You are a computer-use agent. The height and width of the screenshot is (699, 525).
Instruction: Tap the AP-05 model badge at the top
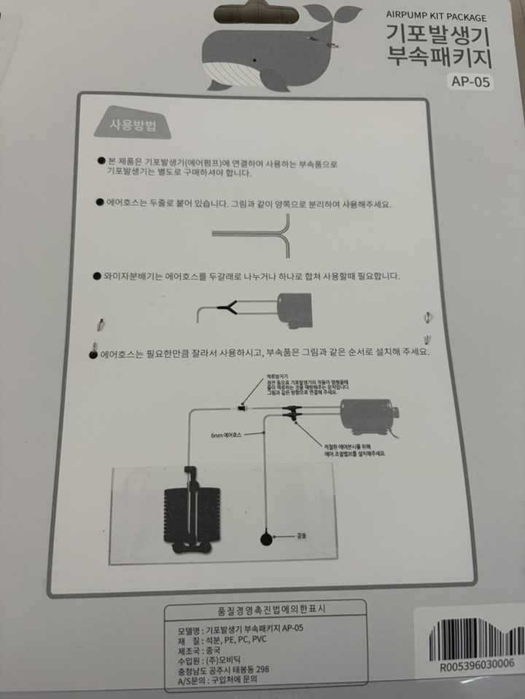pyautogui.click(x=469, y=82)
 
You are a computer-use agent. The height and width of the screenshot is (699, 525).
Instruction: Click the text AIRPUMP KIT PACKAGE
pyautogui.click(x=436, y=17)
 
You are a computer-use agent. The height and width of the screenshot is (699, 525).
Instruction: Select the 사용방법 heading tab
pyautogui.click(x=131, y=125)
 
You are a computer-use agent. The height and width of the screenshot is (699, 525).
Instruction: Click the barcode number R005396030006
pyautogui.click(x=478, y=664)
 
